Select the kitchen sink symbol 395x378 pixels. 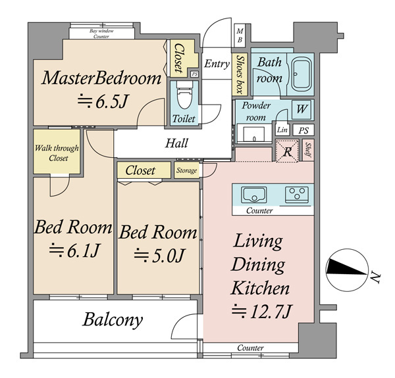[x=254, y=195]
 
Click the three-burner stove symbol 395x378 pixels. [x=297, y=195]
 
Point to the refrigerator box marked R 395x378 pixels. [x=288, y=151]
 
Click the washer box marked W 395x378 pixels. [x=302, y=109]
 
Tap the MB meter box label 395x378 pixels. [x=240, y=35]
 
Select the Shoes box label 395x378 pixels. [x=240, y=74]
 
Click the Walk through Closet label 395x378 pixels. [x=57, y=153]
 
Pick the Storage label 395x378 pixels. [x=186, y=170]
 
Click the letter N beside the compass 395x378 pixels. [x=375, y=277]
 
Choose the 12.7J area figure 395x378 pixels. [x=262, y=312]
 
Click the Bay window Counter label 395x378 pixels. [x=101, y=34]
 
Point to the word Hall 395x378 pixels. [x=176, y=143]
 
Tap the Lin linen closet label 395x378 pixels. [x=282, y=130]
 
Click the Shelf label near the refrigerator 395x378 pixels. [x=308, y=150]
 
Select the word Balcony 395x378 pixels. [x=113, y=320]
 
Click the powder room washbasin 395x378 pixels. [x=253, y=134]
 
